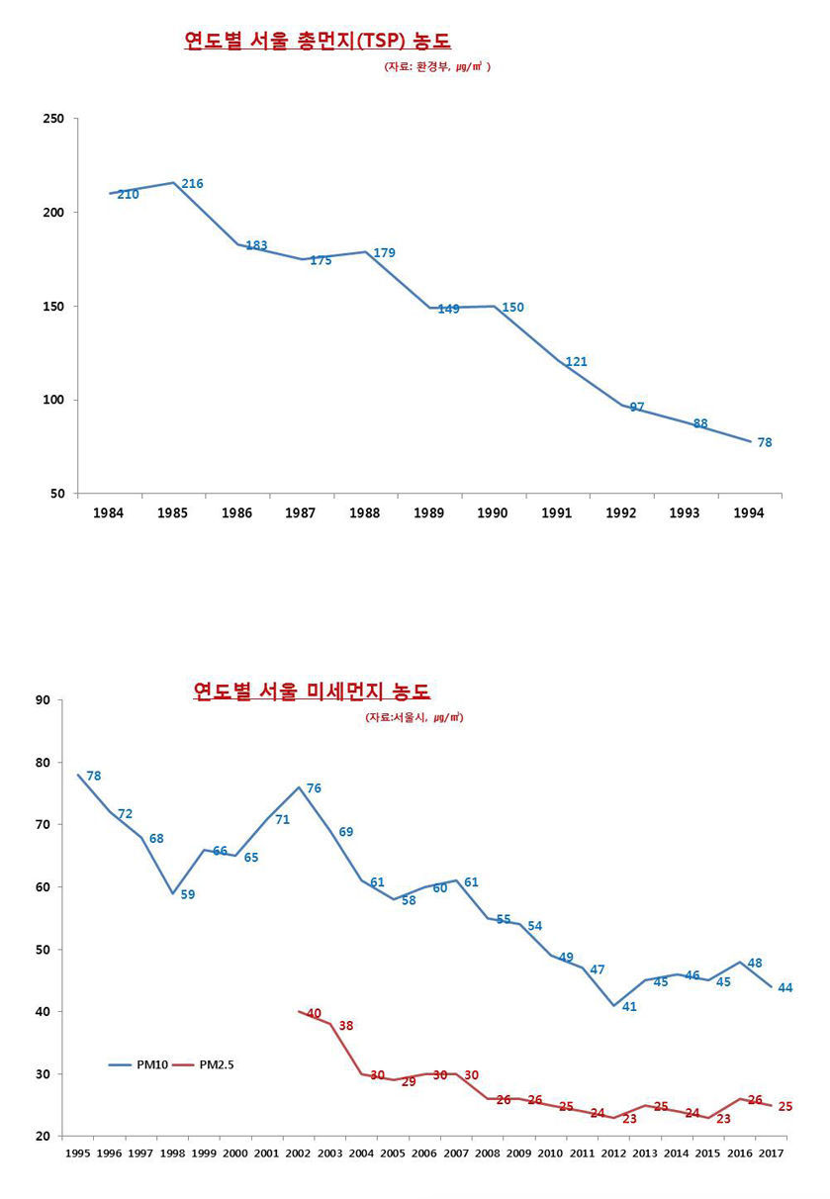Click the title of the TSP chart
tap(318, 41)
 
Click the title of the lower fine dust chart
tap(312, 691)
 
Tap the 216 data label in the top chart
tap(192, 184)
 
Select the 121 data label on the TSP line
tap(577, 361)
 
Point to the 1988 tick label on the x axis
tap(364, 512)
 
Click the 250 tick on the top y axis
tap(53, 119)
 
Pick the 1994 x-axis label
tap(749, 512)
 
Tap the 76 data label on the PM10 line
tap(314, 787)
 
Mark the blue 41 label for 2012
tap(629, 1006)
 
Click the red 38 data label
tap(345, 1026)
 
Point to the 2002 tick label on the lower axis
tap(298, 1153)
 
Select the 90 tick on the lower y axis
tap(43, 700)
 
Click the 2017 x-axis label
tap(771, 1153)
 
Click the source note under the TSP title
tap(436, 67)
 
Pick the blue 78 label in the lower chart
tap(94, 776)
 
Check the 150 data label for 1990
tap(512, 308)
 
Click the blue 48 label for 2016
tap(755, 963)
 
